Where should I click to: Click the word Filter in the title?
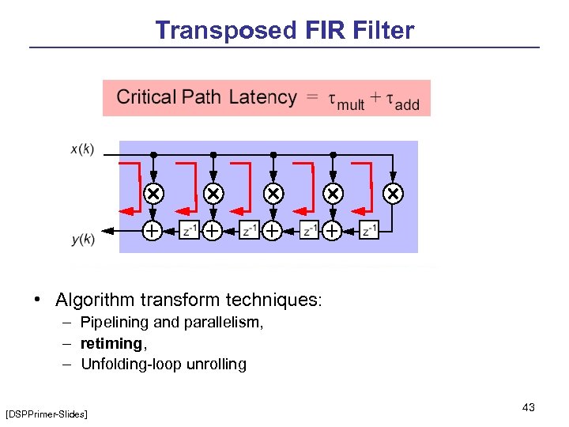380,31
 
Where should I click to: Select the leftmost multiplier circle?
153,194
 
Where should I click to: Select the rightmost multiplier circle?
393,194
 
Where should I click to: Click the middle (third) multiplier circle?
273,194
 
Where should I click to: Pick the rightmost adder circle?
333,230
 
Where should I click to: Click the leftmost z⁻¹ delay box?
190,230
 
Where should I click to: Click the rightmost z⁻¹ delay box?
369,230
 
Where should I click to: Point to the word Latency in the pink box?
262,98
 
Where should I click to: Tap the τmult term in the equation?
346,101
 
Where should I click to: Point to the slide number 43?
529,407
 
